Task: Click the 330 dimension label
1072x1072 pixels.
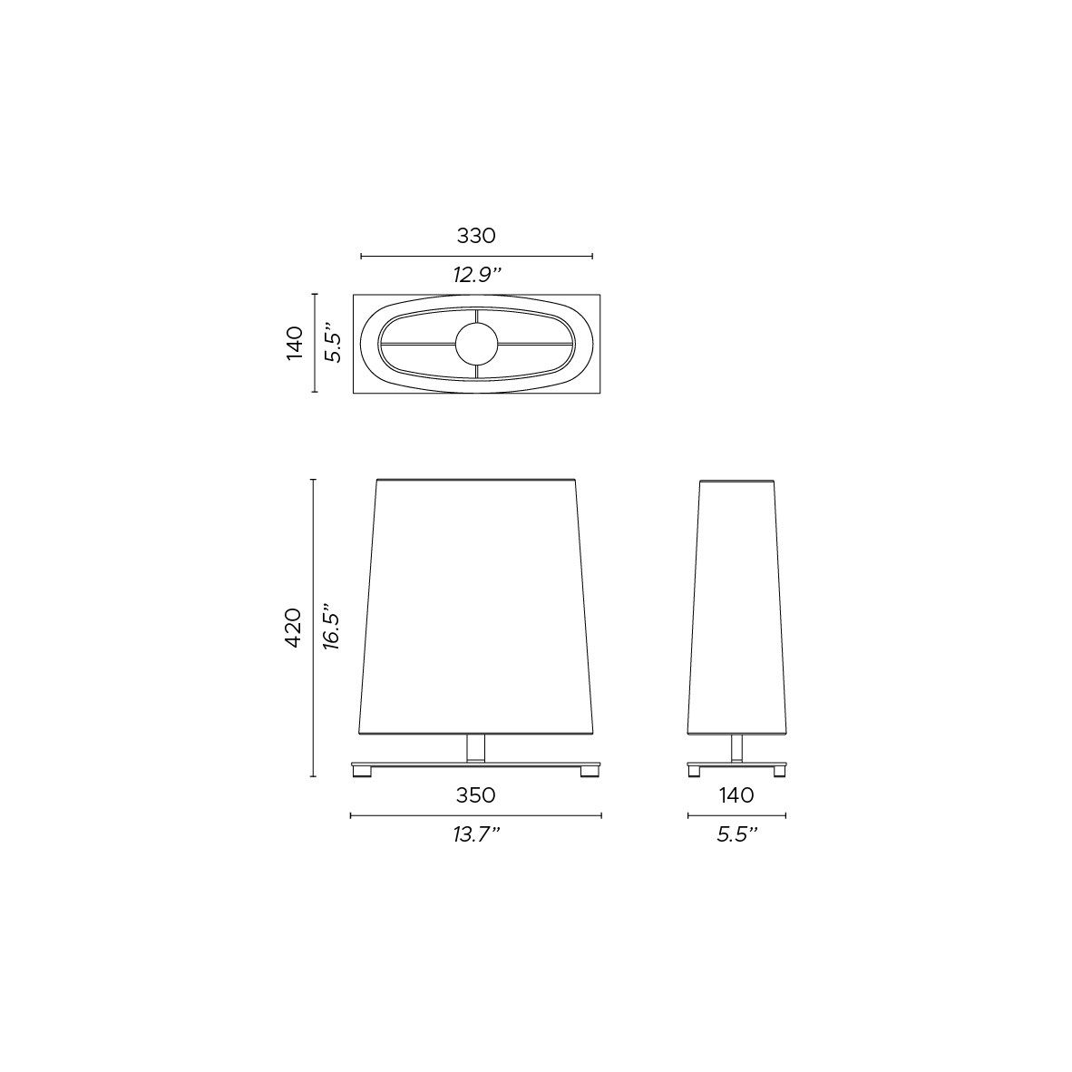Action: [x=476, y=236]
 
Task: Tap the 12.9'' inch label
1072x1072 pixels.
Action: [x=476, y=275]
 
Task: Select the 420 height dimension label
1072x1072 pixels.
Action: [x=293, y=628]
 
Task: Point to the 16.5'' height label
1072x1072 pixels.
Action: [x=332, y=627]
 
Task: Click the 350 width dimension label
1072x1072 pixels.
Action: [x=476, y=795]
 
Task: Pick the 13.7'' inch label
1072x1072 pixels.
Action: [x=476, y=834]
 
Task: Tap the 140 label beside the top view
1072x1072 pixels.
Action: [x=294, y=343]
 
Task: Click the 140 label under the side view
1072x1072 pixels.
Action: [x=736, y=795]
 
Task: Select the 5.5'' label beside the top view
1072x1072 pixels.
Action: [x=332, y=342]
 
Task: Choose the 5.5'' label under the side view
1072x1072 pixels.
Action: [x=737, y=834]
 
